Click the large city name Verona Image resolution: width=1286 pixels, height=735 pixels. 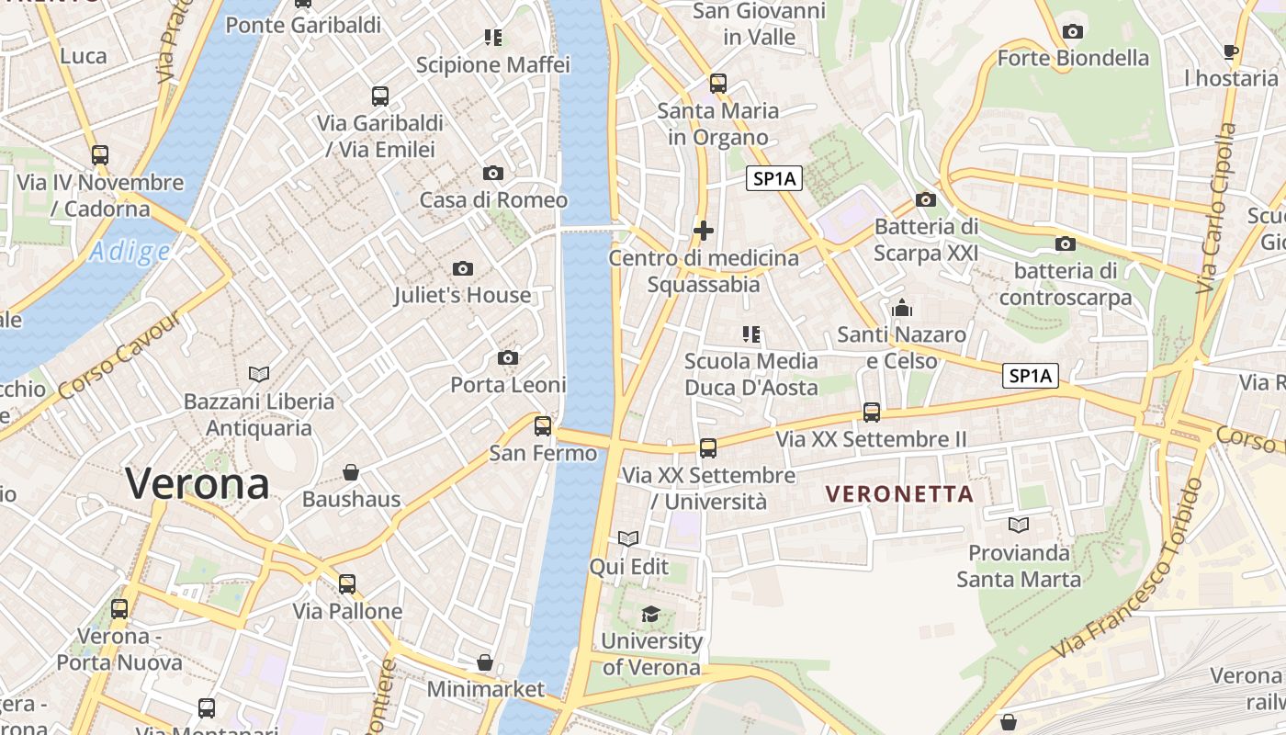(197, 483)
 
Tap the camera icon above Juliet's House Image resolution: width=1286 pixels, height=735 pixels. (463, 268)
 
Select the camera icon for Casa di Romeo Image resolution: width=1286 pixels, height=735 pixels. (493, 173)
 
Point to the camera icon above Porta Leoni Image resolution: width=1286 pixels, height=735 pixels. (507, 357)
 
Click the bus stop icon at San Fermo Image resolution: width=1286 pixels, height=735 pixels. (543, 425)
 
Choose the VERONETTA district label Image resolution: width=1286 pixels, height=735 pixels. (899, 494)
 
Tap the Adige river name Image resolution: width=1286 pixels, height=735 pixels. (130, 252)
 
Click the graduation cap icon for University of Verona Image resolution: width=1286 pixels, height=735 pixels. (650, 614)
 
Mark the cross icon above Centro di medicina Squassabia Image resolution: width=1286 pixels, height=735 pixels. (704, 230)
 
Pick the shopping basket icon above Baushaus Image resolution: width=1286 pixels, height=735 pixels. (351, 472)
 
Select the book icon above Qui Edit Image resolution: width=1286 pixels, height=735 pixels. (628, 538)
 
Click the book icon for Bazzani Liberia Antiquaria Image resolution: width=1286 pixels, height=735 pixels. (259, 374)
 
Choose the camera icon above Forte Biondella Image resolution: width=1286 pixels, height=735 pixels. (1072, 32)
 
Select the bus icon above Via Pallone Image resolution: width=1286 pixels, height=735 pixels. (347, 583)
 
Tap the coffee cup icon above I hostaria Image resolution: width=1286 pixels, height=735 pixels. (1231, 51)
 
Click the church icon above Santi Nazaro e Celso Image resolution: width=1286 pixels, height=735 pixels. (901, 308)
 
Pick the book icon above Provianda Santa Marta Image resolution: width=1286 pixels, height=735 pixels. (1018, 525)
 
